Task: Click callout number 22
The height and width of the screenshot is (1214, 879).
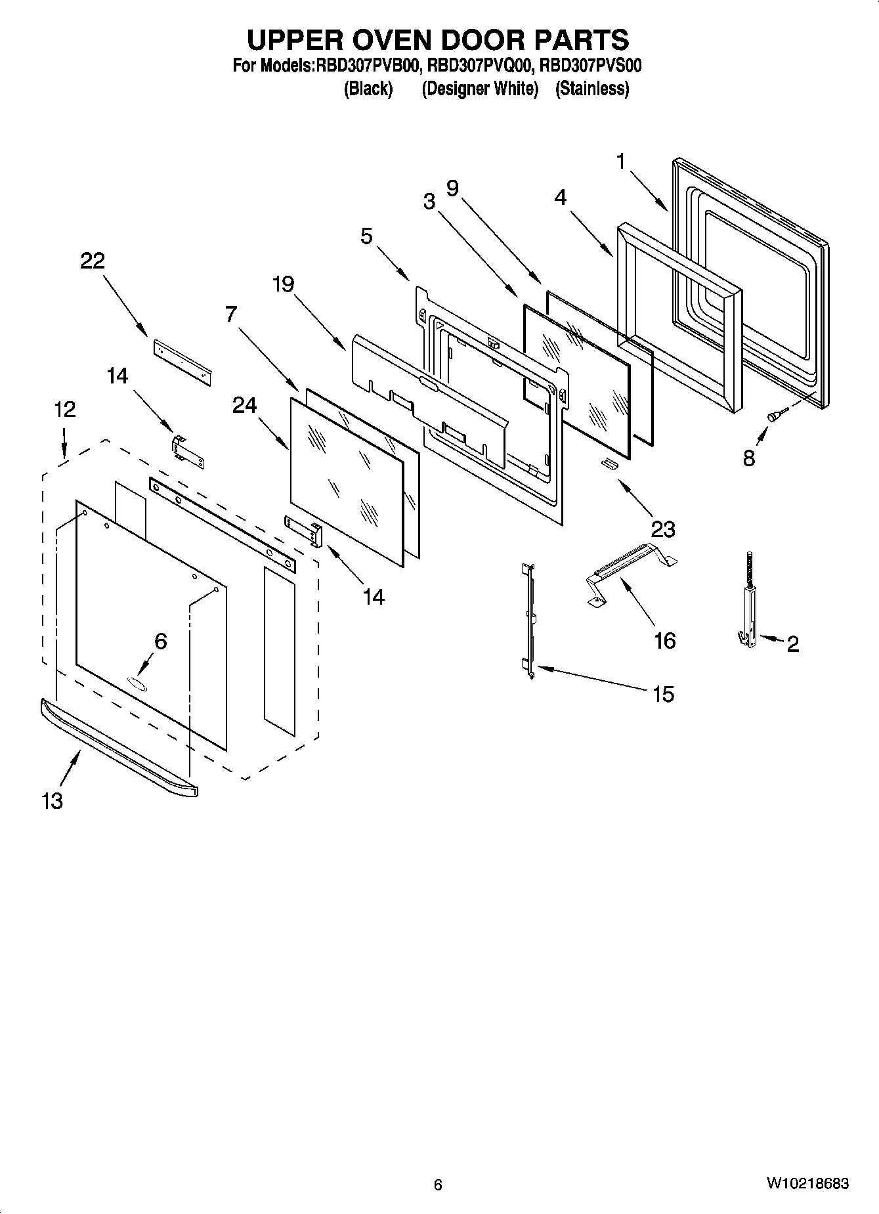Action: [x=92, y=261]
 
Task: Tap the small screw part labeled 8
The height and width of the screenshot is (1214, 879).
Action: [x=774, y=414]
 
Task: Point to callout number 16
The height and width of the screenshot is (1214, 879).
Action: [x=664, y=640]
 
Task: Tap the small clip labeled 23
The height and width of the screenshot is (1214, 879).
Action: [x=610, y=464]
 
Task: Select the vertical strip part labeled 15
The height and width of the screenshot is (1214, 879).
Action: [x=530, y=617]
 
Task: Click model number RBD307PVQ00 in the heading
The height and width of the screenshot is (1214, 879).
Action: [x=479, y=66]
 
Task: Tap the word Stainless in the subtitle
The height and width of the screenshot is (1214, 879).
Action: [x=592, y=89]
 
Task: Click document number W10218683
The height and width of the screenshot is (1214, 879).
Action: [x=807, y=1183]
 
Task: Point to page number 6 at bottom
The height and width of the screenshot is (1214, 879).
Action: [x=438, y=1184]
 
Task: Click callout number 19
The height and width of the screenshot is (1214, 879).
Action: [x=284, y=284]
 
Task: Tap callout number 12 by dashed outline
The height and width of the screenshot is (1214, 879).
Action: [x=64, y=409]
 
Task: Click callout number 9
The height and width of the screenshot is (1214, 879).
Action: [x=452, y=188]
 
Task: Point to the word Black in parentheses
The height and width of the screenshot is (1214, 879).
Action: [x=368, y=89]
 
